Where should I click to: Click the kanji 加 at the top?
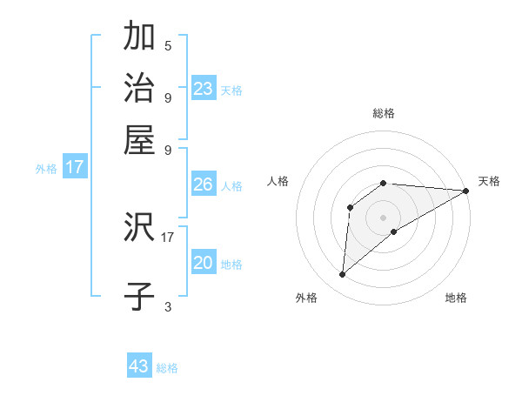139,37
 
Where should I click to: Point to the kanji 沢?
139,228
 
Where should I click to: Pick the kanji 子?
139,297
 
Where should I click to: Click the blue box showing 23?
204,89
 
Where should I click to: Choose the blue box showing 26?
204,184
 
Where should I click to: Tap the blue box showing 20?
204,263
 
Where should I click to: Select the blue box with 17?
75,167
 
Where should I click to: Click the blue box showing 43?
139,366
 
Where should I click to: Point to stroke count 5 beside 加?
168,45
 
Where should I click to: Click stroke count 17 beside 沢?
168,236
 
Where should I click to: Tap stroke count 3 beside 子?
168,305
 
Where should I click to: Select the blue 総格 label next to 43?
167,368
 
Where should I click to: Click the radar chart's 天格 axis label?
489,181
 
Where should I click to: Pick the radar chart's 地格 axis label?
456,298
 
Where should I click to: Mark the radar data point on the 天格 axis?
465,191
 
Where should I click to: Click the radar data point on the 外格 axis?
342,275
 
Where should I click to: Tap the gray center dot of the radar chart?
384,217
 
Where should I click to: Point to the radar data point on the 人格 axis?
350,206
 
